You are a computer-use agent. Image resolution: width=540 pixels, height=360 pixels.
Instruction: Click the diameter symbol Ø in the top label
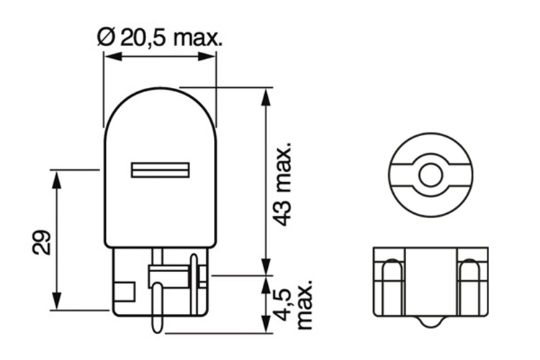[103, 37]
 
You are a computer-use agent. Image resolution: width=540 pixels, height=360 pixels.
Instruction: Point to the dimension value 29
[40, 243]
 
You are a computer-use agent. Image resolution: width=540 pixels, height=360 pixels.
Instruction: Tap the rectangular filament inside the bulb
[160, 171]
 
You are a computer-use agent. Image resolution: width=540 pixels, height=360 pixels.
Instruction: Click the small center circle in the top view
[429, 174]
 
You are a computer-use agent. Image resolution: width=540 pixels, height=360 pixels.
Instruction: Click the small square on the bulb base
[125, 292]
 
